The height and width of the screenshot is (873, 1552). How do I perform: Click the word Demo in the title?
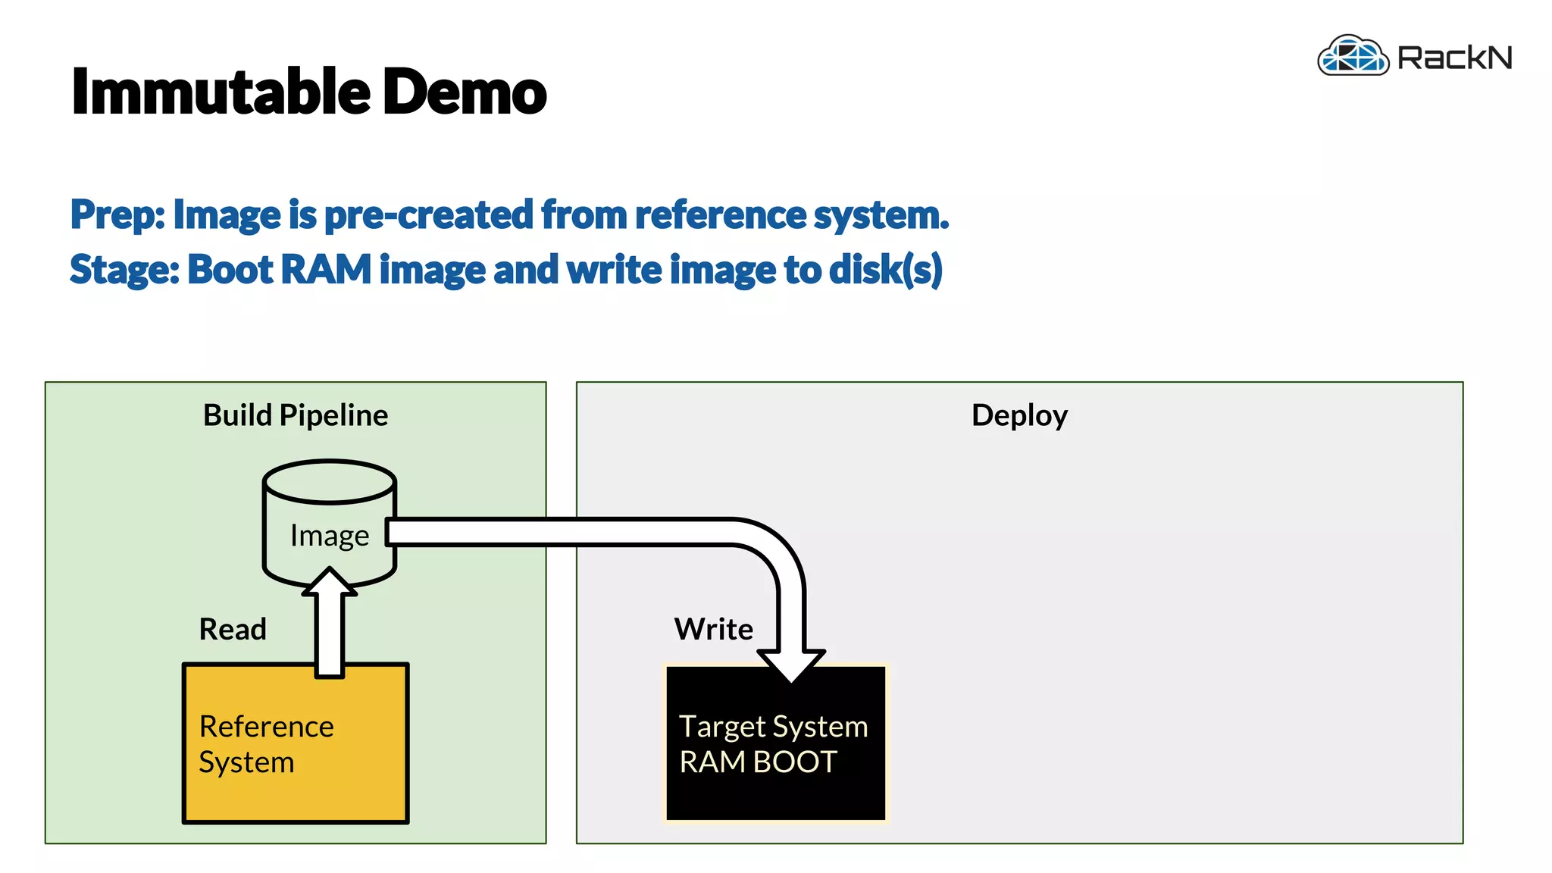click(464, 92)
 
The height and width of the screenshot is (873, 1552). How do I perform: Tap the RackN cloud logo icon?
click(1353, 56)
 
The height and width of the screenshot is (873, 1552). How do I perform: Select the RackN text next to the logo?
click(1454, 58)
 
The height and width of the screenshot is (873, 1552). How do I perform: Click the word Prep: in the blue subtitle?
click(117, 215)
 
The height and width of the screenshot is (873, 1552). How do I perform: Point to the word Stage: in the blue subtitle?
click(124, 270)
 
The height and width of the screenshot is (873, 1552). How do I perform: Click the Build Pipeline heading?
click(296, 415)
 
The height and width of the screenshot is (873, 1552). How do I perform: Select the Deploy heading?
click(1019, 415)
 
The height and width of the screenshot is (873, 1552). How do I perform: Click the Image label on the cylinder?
click(330, 536)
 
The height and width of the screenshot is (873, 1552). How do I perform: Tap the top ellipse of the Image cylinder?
click(330, 481)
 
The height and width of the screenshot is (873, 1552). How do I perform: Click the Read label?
click(233, 629)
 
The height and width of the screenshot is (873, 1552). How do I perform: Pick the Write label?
click(713, 629)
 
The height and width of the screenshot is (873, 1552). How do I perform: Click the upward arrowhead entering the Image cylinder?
click(330, 582)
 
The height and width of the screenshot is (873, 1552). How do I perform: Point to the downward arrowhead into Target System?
click(791, 665)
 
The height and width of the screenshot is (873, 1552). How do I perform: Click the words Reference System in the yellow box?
click(265, 743)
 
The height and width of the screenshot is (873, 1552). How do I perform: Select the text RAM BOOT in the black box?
click(758, 762)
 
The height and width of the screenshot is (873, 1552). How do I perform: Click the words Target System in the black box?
click(773, 726)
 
